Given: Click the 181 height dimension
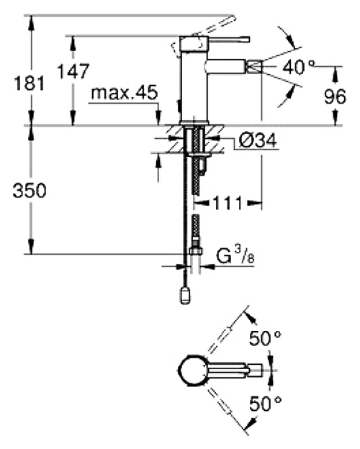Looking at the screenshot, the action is click(30, 83).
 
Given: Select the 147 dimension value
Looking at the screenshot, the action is click(73, 71).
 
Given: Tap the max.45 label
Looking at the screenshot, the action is click(125, 92).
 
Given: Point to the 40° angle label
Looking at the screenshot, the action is click(299, 68).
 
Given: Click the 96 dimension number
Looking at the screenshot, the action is click(335, 96).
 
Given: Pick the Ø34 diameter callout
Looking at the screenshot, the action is click(258, 140).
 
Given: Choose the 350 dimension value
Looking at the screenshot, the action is click(30, 191).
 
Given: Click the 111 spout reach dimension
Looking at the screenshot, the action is click(228, 204).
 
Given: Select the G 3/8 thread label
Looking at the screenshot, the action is click(235, 255).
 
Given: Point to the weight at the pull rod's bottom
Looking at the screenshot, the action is click(185, 296).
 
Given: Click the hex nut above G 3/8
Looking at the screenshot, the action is click(196, 251).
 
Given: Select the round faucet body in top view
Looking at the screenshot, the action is click(192, 370).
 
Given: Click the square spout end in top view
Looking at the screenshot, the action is click(255, 370).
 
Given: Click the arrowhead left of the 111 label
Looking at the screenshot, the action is click(201, 204).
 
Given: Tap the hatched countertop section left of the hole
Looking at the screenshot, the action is click(175, 139).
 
